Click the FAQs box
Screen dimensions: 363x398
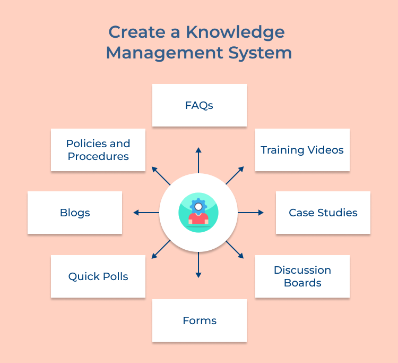[199, 105]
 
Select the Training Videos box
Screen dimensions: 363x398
[302, 150]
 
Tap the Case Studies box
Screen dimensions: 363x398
[323, 213]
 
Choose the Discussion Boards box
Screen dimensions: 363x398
[302, 276]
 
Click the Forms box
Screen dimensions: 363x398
[199, 320]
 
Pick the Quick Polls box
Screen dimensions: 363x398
[98, 276]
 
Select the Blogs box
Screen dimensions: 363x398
[75, 213]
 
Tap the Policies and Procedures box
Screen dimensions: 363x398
[98, 150]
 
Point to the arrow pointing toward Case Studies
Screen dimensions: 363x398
[250, 213]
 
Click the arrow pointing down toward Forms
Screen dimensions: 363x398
[198, 265]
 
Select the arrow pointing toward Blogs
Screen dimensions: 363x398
[146, 213]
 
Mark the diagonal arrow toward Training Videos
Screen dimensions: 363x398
[235, 175]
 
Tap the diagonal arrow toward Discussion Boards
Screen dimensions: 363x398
[235, 249]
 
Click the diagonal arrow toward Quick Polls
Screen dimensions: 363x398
[161, 249]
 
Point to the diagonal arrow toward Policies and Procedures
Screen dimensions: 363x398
[161, 175]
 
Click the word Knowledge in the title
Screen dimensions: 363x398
[237, 32]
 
